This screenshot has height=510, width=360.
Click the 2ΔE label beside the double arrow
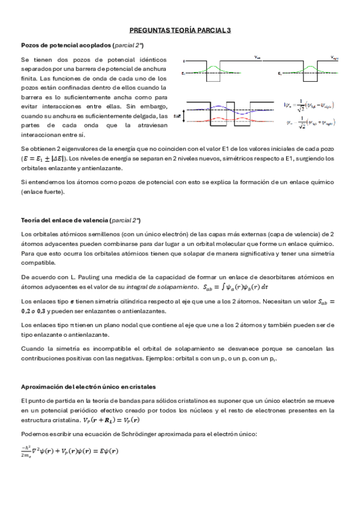click(177, 114)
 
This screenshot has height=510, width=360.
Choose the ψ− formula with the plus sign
click(309, 123)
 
